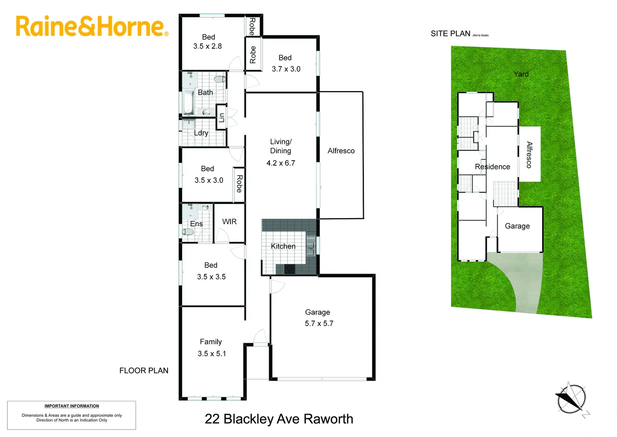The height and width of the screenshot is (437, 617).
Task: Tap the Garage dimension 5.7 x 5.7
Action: pyautogui.click(x=319, y=323)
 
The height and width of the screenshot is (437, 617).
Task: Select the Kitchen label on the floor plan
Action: pyautogui.click(x=283, y=246)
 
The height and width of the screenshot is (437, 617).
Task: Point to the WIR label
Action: pyautogui.click(x=229, y=221)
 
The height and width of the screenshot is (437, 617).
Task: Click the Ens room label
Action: pyautogui.click(x=196, y=224)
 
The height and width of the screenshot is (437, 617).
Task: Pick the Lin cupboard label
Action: pyautogui.click(x=221, y=117)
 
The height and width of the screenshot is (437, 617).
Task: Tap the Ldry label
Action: pyautogui.click(x=201, y=133)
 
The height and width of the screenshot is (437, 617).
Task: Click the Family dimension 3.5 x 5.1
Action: pyautogui.click(x=212, y=353)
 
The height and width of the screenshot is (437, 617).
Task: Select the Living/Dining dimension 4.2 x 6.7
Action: pyautogui.click(x=281, y=163)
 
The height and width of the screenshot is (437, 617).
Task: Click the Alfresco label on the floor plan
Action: pyautogui.click(x=341, y=151)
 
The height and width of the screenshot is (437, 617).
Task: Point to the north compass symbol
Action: pyautogui.click(x=570, y=399)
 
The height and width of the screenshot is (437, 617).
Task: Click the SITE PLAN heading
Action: pyautogui.click(x=450, y=34)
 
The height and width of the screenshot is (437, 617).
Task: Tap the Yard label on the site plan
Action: pyautogui.click(x=521, y=74)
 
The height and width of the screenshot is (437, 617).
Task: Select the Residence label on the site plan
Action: pyautogui.click(x=492, y=167)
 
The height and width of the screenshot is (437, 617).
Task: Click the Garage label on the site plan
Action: pyautogui.click(x=517, y=226)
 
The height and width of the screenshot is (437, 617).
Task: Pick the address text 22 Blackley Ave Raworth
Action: pyautogui.click(x=279, y=419)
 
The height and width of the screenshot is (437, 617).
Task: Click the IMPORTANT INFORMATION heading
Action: pyautogui.click(x=72, y=406)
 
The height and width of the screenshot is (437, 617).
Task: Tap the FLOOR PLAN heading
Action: pyautogui.click(x=144, y=370)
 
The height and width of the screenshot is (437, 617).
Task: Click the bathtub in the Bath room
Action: pyautogui.click(x=188, y=102)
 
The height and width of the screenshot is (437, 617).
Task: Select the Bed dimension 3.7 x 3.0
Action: pyautogui.click(x=286, y=69)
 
